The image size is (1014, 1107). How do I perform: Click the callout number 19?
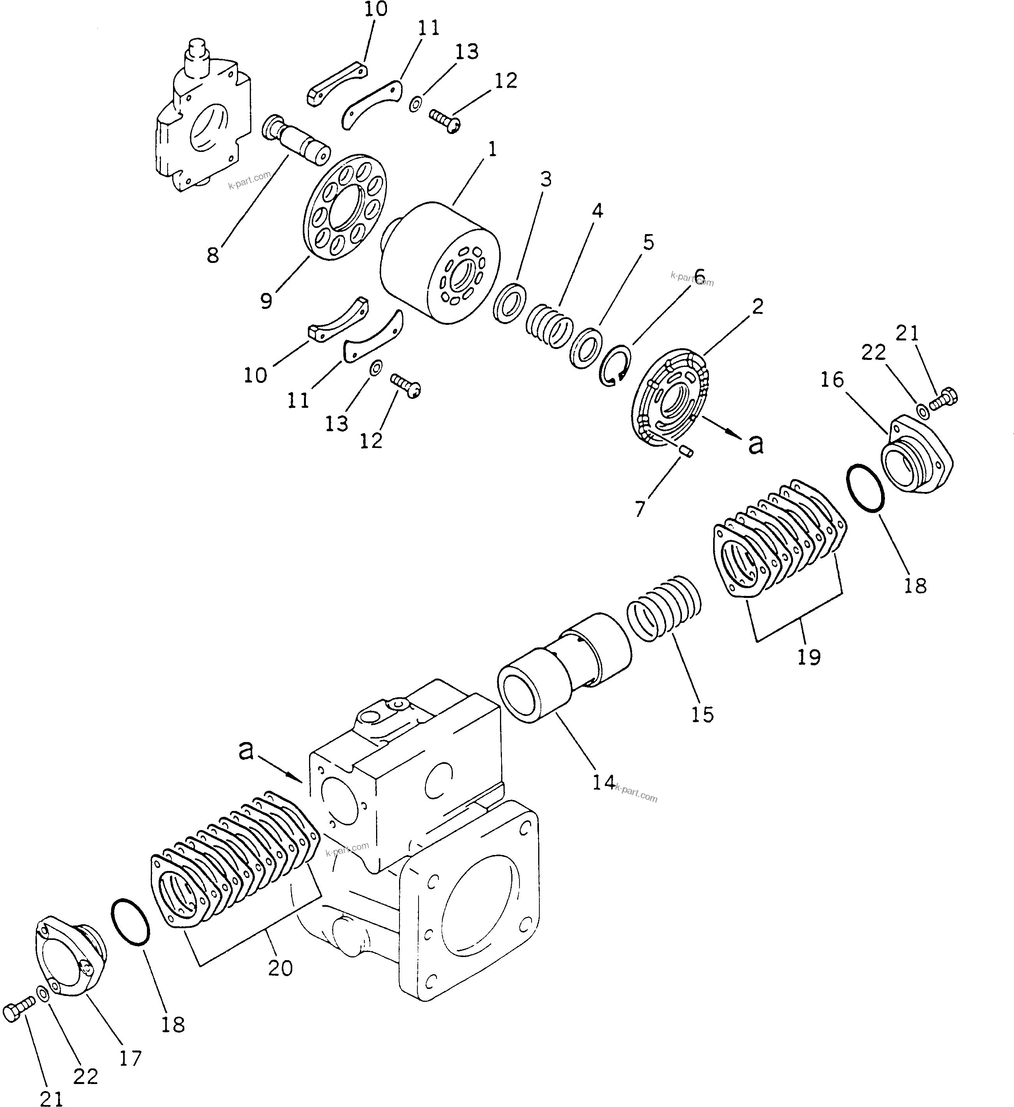point(809,657)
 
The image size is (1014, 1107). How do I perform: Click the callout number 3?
point(545,180)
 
